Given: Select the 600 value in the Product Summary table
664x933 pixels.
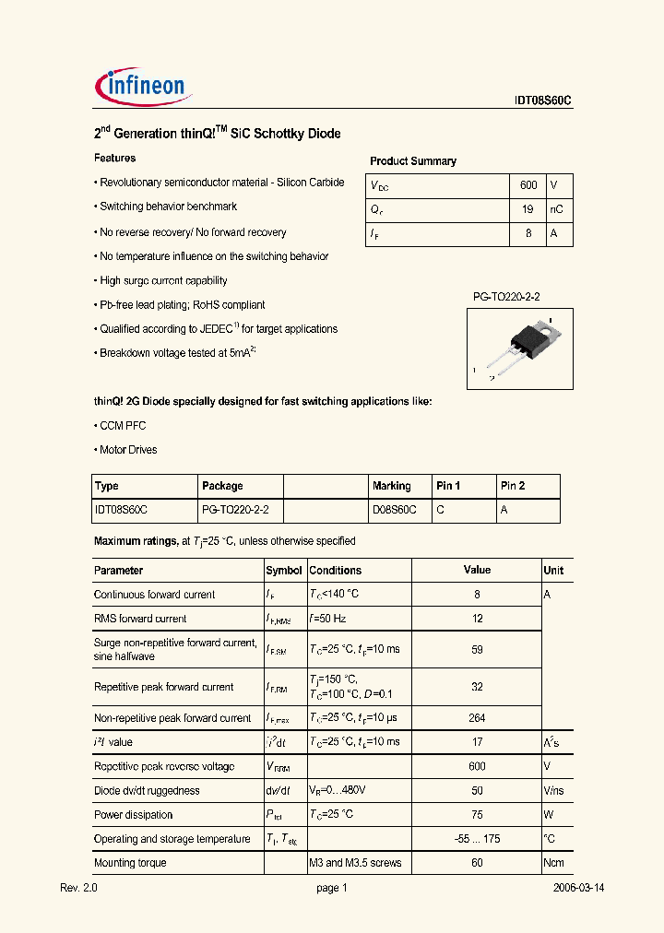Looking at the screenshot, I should click(x=528, y=185).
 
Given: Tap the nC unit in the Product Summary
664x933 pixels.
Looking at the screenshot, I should click(x=556, y=210).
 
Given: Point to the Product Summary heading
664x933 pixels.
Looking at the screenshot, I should click(x=412, y=161).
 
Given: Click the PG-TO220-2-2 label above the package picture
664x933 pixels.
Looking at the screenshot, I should click(x=506, y=297).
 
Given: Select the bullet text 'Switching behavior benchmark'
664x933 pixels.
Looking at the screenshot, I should click(x=168, y=207).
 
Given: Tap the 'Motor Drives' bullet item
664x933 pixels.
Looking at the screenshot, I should click(x=127, y=450).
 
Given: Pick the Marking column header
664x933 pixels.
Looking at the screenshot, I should click(x=391, y=486).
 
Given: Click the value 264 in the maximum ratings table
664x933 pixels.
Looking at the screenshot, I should click(x=477, y=718).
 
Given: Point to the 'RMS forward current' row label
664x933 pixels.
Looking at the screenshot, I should click(x=140, y=619).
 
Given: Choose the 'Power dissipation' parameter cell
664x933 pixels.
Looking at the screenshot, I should click(x=133, y=815).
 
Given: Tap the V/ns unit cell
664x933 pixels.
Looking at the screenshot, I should click(x=553, y=791).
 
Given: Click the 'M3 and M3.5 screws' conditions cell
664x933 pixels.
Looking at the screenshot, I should click(x=355, y=863).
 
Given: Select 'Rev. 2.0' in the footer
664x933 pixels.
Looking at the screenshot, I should click(x=77, y=888).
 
